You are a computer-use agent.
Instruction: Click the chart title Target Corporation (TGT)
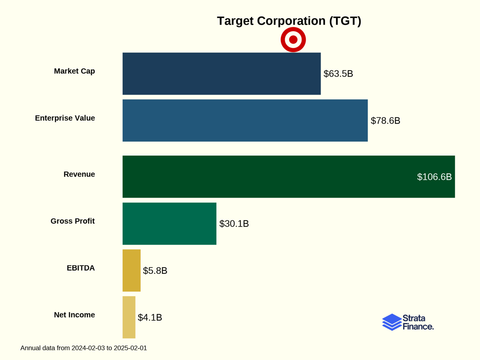[x=289, y=21]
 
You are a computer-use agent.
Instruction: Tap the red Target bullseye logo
[x=293, y=40]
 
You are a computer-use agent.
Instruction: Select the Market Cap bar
[x=221, y=74]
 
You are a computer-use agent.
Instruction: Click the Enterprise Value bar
[x=245, y=120]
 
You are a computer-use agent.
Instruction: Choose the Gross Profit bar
[x=169, y=224]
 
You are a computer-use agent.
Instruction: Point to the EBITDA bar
[x=132, y=270]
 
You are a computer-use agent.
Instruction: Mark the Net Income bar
[x=129, y=317]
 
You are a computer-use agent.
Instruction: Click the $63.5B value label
[x=338, y=74]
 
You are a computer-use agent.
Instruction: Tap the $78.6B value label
[x=385, y=121]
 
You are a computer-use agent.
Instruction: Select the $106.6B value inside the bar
[x=434, y=177]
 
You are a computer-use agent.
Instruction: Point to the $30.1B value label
[x=234, y=224]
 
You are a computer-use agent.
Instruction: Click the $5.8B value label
[x=155, y=270]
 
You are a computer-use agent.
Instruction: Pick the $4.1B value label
[x=150, y=317]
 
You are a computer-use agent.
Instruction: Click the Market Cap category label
[x=74, y=71]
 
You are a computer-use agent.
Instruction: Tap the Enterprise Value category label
[x=65, y=118]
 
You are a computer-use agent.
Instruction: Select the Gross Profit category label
[x=72, y=221]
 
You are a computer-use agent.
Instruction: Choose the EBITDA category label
[x=81, y=268]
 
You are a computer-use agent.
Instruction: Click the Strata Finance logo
[x=408, y=322]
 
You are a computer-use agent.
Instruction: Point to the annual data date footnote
[x=84, y=348]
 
